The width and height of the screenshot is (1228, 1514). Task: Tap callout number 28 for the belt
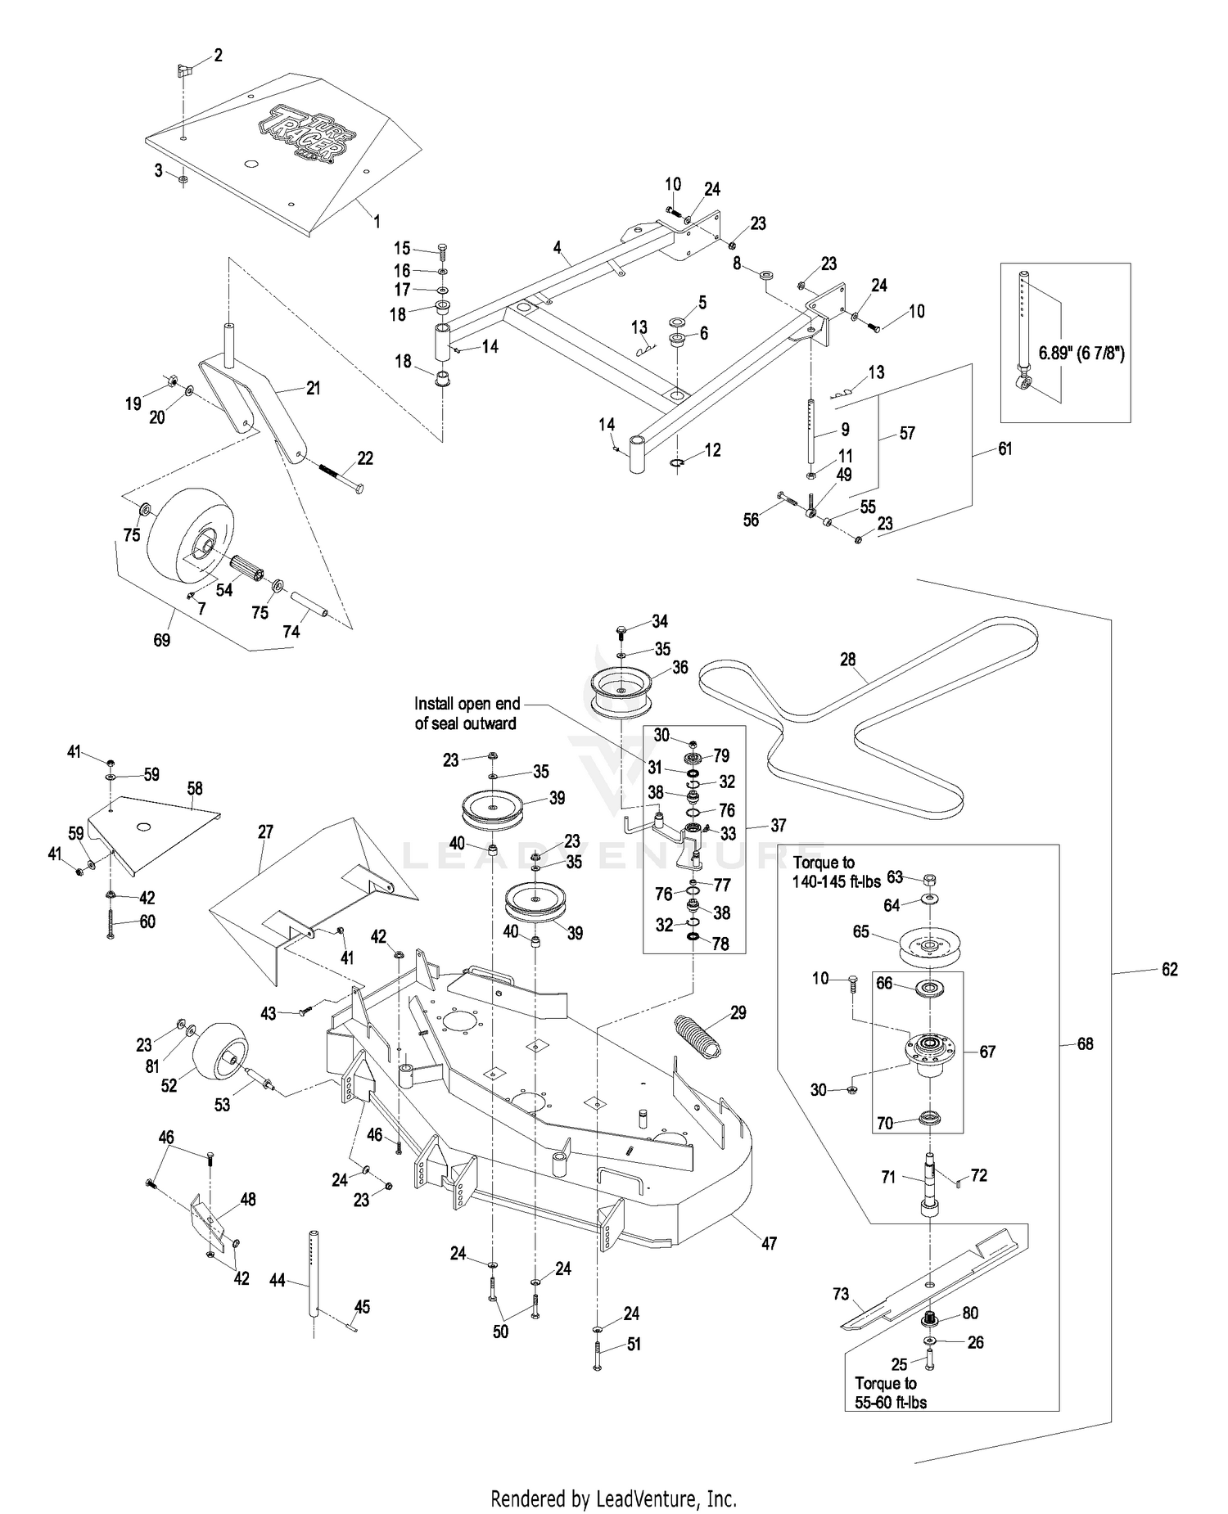coord(847,659)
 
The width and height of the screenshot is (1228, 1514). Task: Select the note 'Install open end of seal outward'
coord(466,713)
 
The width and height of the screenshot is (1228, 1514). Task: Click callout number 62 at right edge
coord(1169,969)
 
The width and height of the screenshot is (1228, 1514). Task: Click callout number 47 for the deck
coord(769,1243)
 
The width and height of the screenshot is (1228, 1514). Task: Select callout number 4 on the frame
coord(557,246)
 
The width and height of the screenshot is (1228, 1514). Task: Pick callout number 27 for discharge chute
coord(265,832)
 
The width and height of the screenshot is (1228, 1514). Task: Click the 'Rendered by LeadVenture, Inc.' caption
coord(613,1498)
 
